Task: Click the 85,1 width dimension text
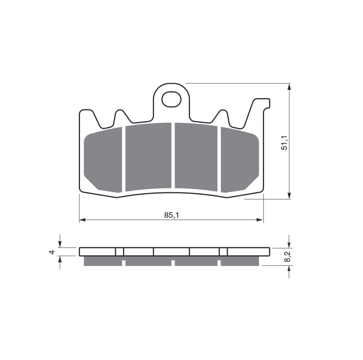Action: (x=171, y=215)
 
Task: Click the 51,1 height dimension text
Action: (x=284, y=143)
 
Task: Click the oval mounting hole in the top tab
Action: (x=171, y=100)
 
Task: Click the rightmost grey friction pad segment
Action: (x=240, y=160)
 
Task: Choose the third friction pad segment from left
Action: (x=196, y=157)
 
